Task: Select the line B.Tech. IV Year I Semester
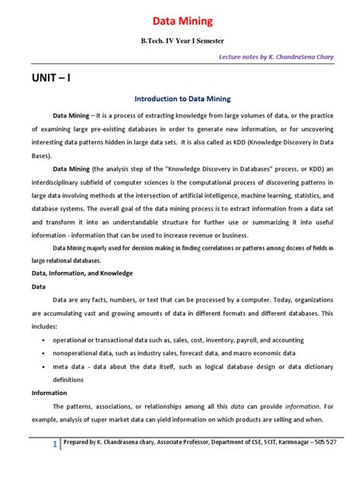(179, 39)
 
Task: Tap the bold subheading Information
(49, 393)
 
